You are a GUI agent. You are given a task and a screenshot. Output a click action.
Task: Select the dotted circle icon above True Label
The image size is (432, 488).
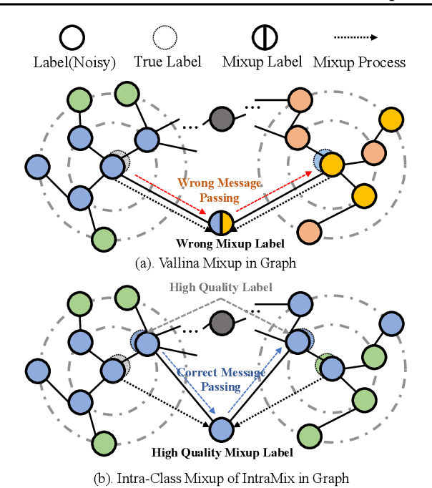pyautogui.click(x=165, y=36)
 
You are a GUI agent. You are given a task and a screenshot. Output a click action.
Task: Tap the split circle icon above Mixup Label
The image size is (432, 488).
pyautogui.click(x=262, y=36)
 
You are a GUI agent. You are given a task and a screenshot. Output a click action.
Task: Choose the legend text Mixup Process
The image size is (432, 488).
pyautogui.click(x=359, y=62)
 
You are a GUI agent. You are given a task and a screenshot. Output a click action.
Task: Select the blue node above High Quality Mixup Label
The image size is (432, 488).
pyautogui.click(x=220, y=430)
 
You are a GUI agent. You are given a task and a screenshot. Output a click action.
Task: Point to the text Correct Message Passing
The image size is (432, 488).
pyautogui.click(x=220, y=379)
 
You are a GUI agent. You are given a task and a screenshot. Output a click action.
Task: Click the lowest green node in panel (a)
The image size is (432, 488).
pyautogui.click(x=104, y=237)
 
